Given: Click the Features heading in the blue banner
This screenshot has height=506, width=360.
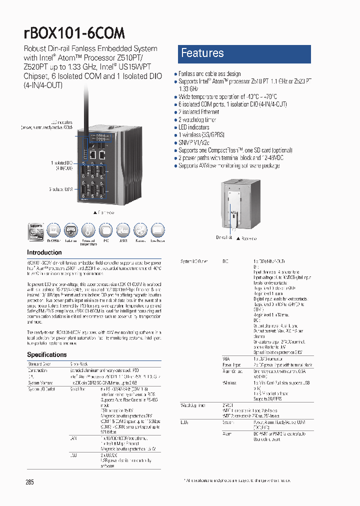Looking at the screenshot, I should coord(202,53).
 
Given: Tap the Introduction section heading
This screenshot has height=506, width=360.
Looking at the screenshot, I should coord(44,253).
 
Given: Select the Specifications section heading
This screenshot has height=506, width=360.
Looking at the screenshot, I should coord(47,354).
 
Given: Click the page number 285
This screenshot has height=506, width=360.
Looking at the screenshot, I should coord(30,482).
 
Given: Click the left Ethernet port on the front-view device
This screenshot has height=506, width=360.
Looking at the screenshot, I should coord(92,154).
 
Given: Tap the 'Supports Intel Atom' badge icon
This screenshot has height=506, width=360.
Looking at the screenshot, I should coord(36,231).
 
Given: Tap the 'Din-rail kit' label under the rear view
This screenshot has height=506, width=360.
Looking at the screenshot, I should coord(224,238).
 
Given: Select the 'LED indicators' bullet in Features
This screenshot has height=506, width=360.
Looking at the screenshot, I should coord(194,127).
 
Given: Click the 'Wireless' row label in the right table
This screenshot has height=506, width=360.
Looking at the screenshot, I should coord(229,382).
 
